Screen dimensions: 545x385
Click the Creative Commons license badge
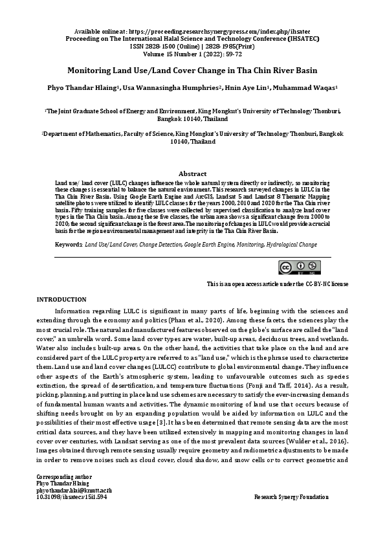(x=299, y=268)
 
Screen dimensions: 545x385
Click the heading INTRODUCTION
(x=61, y=299)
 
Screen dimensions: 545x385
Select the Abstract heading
(x=192, y=173)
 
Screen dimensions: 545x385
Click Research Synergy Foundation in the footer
(x=291, y=496)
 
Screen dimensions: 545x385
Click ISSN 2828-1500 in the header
(x=156, y=47)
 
